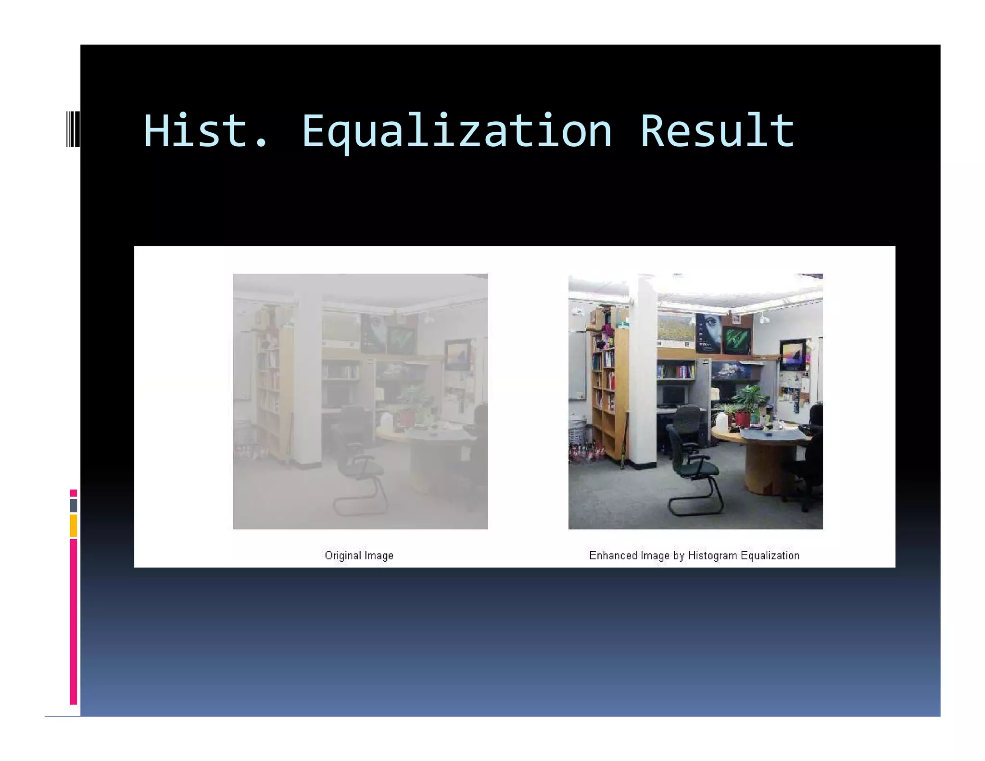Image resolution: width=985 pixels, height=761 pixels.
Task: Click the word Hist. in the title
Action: [204, 131]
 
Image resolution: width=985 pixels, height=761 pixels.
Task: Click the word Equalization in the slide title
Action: [456, 131]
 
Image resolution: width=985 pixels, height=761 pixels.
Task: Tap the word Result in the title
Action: [717, 131]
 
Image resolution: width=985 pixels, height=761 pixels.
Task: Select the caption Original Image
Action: [359, 555]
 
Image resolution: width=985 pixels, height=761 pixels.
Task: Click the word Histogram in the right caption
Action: [712, 555]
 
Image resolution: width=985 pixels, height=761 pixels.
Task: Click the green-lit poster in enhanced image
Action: [736, 340]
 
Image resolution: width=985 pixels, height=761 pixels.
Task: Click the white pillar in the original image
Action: [308, 375]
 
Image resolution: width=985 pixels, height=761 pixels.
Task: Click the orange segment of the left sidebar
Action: [73, 525]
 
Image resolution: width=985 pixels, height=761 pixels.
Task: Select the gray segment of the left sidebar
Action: [73, 505]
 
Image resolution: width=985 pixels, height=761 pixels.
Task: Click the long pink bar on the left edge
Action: [73, 621]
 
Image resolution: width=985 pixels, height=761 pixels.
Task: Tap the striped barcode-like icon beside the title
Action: [73, 128]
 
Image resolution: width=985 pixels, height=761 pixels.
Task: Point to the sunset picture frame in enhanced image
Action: [793, 355]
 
